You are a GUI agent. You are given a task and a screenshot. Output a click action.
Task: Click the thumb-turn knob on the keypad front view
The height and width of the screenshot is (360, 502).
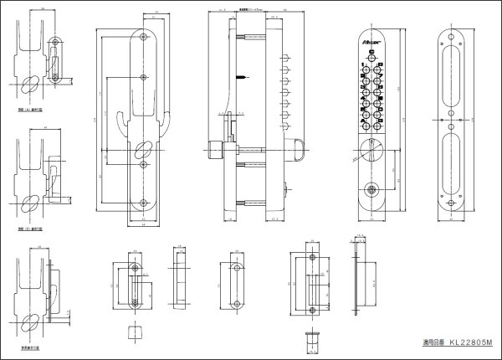coord(371,149)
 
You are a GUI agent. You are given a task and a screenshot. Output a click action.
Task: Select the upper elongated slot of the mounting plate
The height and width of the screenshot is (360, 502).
coord(452,72)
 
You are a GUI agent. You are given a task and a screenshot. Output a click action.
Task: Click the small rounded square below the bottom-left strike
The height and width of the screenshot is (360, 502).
coord(131,332)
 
